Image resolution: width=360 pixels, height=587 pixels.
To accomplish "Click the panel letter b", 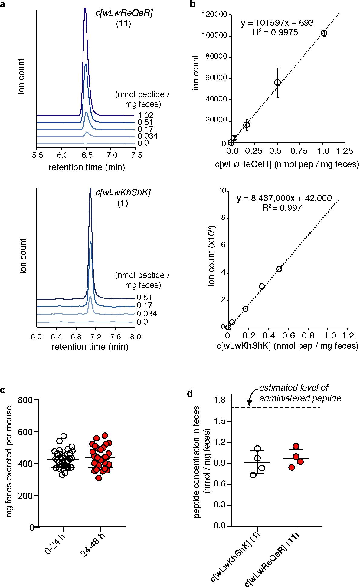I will click(x=192, y=5).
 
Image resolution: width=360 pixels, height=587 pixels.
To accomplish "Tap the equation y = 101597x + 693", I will click(x=277, y=23).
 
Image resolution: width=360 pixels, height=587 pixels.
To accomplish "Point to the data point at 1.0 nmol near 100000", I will click(x=324, y=33).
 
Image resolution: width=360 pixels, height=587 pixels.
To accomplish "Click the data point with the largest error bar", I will click(x=277, y=82).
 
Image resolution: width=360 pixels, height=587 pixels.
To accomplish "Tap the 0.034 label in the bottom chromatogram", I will click(x=146, y=314).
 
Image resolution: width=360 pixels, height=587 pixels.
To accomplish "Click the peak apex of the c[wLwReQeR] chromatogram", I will click(x=85, y=8).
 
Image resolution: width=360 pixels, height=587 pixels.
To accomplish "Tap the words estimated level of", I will click(x=293, y=387).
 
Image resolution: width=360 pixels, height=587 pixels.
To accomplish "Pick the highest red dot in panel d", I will click(x=296, y=446).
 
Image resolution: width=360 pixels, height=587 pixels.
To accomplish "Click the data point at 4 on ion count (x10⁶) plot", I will click(x=279, y=269).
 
